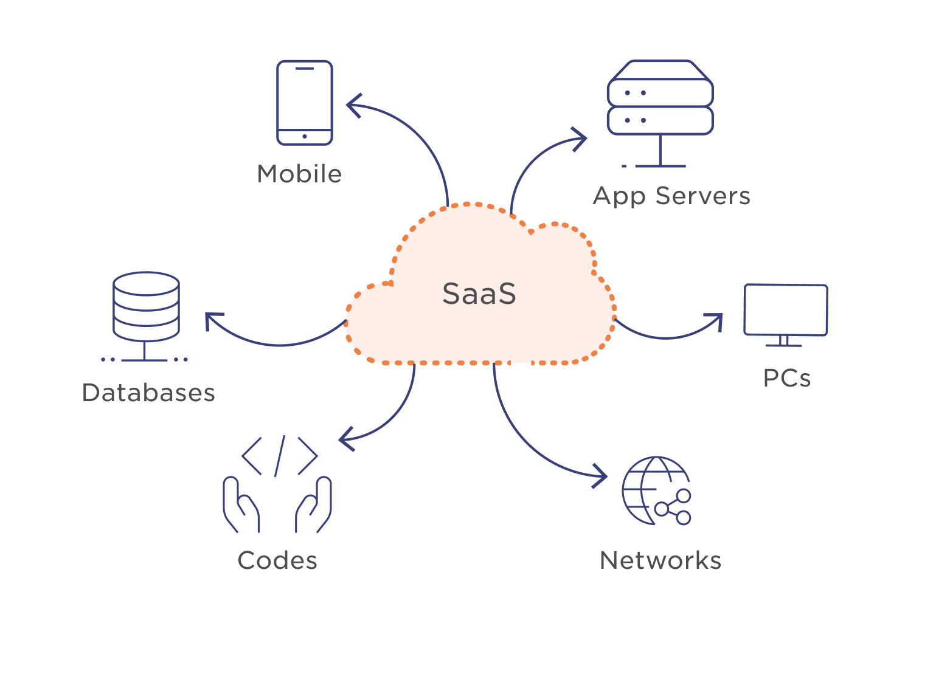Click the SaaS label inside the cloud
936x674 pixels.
pyautogui.click(x=479, y=294)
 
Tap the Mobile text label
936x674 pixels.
pyautogui.click(x=299, y=174)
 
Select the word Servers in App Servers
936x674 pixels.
pyautogui.click(x=703, y=196)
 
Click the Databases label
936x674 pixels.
pyautogui.click(x=148, y=393)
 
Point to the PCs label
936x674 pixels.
pyautogui.click(x=787, y=378)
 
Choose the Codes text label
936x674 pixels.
pyautogui.click(x=277, y=560)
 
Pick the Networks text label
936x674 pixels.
pyautogui.click(x=660, y=560)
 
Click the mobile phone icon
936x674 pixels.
pyautogui.click(x=305, y=103)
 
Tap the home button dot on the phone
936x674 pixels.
pyautogui.click(x=305, y=137)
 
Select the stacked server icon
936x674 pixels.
pyautogui.click(x=660, y=114)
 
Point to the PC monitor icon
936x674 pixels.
pyautogui.click(x=786, y=315)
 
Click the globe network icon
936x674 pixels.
pyautogui.click(x=656, y=490)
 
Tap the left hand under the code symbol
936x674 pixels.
pyautogui.click(x=241, y=504)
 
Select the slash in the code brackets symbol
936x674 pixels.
pyautogui.click(x=280, y=456)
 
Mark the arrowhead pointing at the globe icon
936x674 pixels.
pyautogui.click(x=600, y=476)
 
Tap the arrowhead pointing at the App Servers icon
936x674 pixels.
pyautogui.click(x=580, y=139)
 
